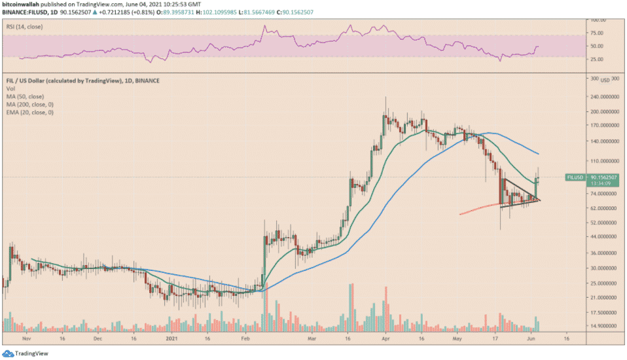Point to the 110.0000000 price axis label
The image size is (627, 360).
coord(603,160)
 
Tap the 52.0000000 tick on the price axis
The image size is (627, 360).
coord(603,223)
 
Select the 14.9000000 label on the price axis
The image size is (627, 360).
coord(603,325)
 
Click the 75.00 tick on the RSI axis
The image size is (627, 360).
coord(597,31)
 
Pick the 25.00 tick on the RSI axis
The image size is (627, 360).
coord(597,59)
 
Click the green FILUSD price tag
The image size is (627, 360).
coord(575,177)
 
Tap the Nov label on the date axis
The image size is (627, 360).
coord(26,340)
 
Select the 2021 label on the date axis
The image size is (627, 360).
coord(171,340)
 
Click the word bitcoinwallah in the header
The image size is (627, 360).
coord(20,4)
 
